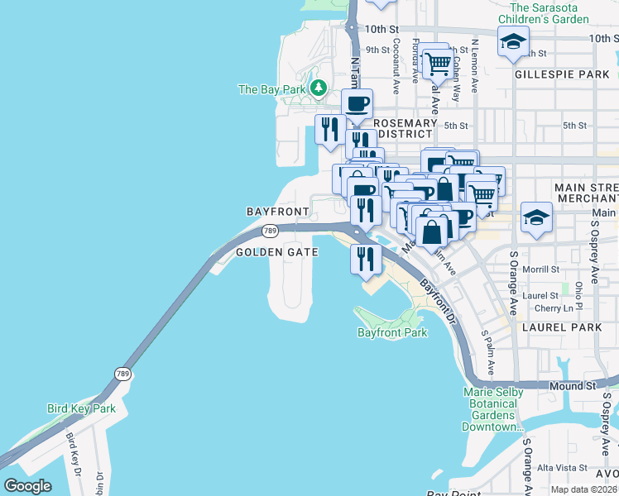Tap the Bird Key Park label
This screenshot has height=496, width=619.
pyautogui.click(x=81, y=408)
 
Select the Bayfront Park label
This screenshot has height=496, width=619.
pyautogui.click(x=392, y=333)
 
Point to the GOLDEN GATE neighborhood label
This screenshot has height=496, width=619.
pyautogui.click(x=277, y=252)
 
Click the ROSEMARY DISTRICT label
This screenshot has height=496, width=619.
pyautogui.click(x=404, y=128)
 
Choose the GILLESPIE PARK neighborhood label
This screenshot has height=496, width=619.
pyautogui.click(x=561, y=74)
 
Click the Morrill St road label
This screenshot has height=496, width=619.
pyautogui.click(x=541, y=269)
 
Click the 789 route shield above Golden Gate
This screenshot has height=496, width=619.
pyautogui.click(x=270, y=231)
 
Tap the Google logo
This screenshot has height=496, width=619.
pyautogui.click(x=27, y=486)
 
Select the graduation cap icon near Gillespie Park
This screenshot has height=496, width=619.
pyautogui.click(x=513, y=41)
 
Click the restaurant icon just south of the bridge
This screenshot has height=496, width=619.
pyautogui.click(x=364, y=260)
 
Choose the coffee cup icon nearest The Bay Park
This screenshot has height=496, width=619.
pyautogui.click(x=357, y=104)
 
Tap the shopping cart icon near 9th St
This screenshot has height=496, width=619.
pyautogui.click(x=437, y=62)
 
